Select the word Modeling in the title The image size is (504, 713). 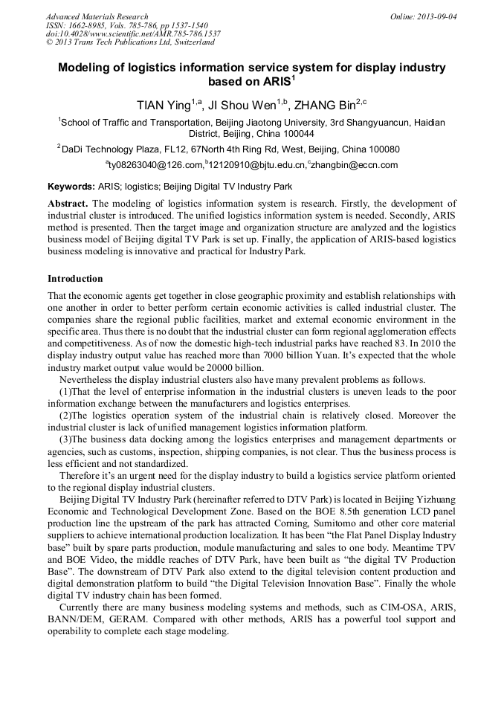[88, 68]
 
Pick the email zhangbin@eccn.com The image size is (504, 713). [355, 165]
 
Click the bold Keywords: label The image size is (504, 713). [71, 187]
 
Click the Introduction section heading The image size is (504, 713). [75, 279]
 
